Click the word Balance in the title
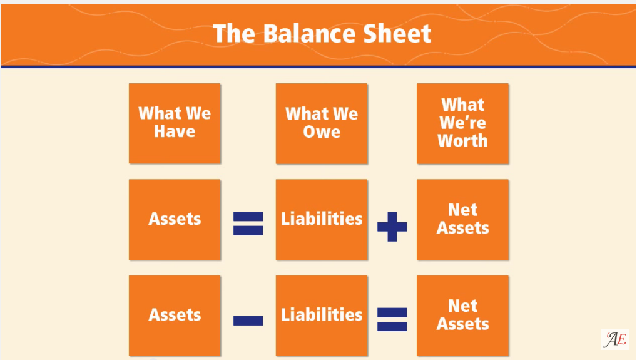pyautogui.click(x=310, y=33)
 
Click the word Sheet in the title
pyautogui.click(x=397, y=33)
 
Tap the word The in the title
pyautogui.click(x=235, y=33)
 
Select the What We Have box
pyautogui.click(x=175, y=123)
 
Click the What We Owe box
pyautogui.click(x=322, y=123)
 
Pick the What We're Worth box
pyautogui.click(x=462, y=123)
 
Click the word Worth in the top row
pyautogui.click(x=462, y=141)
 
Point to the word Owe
pyautogui.click(x=322, y=132)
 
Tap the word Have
pyautogui.click(x=175, y=131)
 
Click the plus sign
pyautogui.click(x=392, y=227)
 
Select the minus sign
pyautogui.click(x=248, y=321)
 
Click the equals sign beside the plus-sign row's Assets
pyautogui.click(x=248, y=224)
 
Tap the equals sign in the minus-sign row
pyautogui.click(x=392, y=319)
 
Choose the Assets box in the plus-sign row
pyautogui.click(x=175, y=219)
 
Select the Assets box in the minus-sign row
pyautogui.click(x=175, y=316)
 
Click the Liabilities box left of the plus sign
pyautogui.click(x=322, y=219)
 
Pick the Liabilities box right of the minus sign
pyautogui.click(x=322, y=316)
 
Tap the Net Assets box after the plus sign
pyautogui.click(x=462, y=219)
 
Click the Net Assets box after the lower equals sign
pyautogui.click(x=462, y=316)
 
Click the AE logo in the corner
pyautogui.click(x=614, y=339)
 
